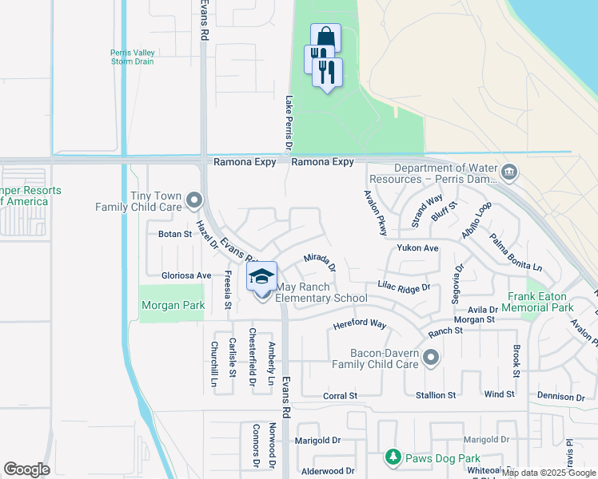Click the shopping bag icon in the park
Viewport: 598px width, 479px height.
coord(325,38)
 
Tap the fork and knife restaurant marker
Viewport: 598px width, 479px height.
coord(328,73)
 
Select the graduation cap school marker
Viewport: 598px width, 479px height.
coord(261,278)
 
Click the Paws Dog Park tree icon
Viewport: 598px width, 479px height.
coord(393,457)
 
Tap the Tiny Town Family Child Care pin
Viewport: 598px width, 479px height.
coord(193,199)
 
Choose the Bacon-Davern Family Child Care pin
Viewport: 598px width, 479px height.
coord(432,357)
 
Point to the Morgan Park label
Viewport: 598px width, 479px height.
coord(173,305)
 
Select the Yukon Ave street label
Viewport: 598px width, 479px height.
coord(418,248)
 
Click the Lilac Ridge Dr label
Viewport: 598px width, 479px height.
coord(405,286)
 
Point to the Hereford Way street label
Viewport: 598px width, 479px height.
coord(360,325)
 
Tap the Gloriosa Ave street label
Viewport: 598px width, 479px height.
coord(186,275)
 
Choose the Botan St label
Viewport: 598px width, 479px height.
coord(175,235)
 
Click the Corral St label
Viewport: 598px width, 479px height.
coord(340,396)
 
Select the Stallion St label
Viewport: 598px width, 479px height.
coord(435,395)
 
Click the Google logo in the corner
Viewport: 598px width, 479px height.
coord(26,469)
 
